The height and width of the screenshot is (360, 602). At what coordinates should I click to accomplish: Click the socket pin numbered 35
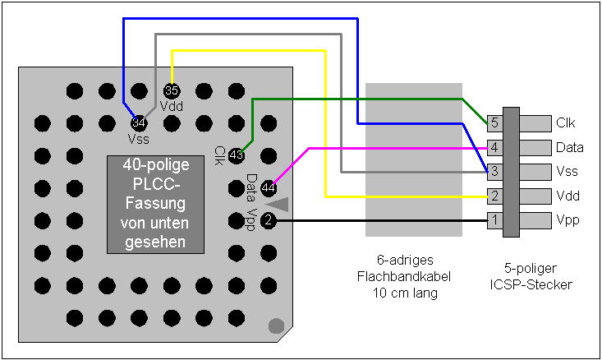pyautogui.click(x=172, y=90)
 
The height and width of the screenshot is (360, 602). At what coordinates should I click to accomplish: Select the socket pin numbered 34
pyautogui.click(x=139, y=122)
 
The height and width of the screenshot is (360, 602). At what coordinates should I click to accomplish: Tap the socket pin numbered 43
pyautogui.click(x=237, y=155)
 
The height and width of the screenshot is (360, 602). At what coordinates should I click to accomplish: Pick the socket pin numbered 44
pyautogui.click(x=269, y=188)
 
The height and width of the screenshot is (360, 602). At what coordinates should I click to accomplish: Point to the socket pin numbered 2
pyautogui.click(x=269, y=220)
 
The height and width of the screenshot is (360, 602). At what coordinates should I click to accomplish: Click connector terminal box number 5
pyautogui.click(x=494, y=123)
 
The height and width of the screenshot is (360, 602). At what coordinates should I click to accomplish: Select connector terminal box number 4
pyautogui.click(x=494, y=147)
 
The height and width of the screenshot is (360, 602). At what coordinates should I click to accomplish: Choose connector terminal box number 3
pyautogui.click(x=494, y=172)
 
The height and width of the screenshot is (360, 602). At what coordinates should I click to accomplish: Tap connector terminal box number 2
pyautogui.click(x=494, y=196)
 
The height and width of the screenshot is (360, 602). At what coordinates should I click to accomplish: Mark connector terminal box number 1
pyautogui.click(x=494, y=220)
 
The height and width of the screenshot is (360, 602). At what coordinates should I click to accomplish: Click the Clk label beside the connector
pyautogui.click(x=566, y=123)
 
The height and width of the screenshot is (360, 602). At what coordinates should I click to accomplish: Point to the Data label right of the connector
pyautogui.click(x=569, y=148)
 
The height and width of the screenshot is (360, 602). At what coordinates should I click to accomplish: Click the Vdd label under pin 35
pyautogui.click(x=172, y=105)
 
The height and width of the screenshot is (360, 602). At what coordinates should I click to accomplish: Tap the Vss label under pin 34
pyautogui.click(x=139, y=138)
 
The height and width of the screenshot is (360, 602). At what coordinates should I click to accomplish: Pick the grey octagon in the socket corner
pyautogui.click(x=277, y=325)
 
